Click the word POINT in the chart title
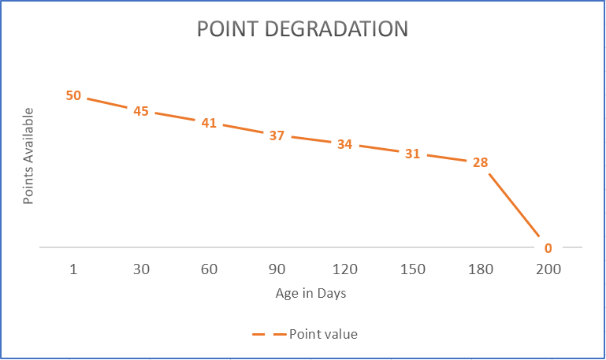click(x=229, y=30)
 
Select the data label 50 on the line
click(x=73, y=95)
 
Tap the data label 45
click(x=141, y=111)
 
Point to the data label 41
click(x=209, y=123)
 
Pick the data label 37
click(x=277, y=135)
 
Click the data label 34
click(x=344, y=145)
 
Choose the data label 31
click(x=412, y=154)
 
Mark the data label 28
click(x=480, y=163)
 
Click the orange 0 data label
click(x=548, y=247)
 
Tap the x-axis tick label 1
click(x=73, y=269)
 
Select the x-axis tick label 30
click(x=141, y=269)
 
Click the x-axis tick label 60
click(x=209, y=269)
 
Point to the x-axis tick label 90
click(x=277, y=269)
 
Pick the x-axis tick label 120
click(x=344, y=269)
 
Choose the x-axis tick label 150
click(x=412, y=269)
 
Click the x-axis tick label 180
click(x=480, y=269)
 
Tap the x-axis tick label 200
click(x=548, y=269)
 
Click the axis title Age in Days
click(x=310, y=294)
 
